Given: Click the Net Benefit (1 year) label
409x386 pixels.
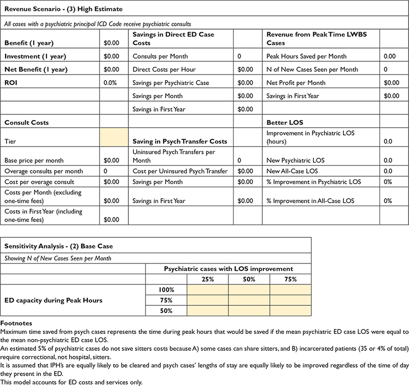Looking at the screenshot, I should [x=36, y=69].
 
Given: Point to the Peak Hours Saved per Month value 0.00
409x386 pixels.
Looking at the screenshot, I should [x=390, y=56].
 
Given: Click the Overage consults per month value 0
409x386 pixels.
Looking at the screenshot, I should [x=105, y=171].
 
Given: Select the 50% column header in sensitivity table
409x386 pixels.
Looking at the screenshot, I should [x=248, y=279].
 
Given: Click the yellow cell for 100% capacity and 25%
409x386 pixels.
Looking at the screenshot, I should [x=208, y=289].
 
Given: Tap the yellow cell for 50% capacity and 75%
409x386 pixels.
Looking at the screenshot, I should [x=290, y=311].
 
